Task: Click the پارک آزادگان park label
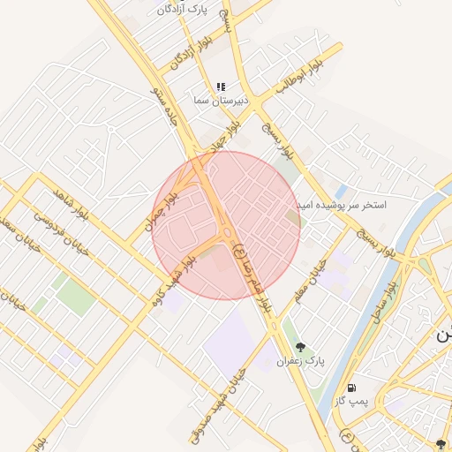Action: point(186,9)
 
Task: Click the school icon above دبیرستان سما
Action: point(221,87)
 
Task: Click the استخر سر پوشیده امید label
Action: point(345,204)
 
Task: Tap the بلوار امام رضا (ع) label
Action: point(252,276)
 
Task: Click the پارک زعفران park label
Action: point(301,361)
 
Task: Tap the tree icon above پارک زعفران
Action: point(301,347)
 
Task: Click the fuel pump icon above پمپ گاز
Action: point(352,387)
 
